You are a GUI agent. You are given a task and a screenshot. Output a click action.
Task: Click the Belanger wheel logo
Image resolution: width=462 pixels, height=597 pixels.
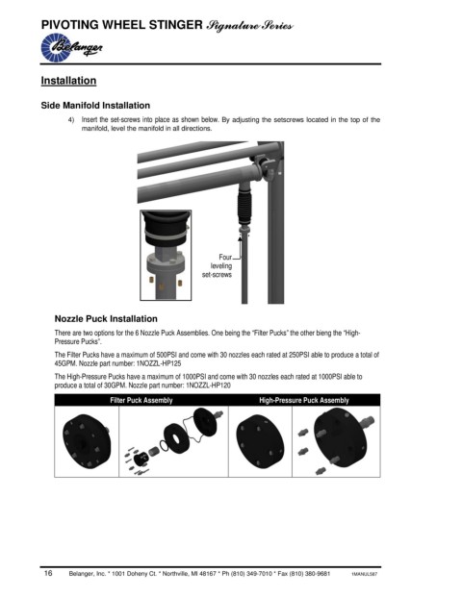71,48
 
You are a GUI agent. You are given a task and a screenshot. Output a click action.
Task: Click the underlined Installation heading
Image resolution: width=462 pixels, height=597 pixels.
68,81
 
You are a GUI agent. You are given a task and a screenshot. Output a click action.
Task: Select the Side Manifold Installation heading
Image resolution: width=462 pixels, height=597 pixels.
95,106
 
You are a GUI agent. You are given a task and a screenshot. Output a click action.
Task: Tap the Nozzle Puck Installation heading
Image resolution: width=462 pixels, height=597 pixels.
106,318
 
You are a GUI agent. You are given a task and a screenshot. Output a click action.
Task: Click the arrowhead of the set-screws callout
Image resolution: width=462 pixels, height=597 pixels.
240,238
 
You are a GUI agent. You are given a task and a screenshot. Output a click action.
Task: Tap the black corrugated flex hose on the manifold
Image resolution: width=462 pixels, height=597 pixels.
244,208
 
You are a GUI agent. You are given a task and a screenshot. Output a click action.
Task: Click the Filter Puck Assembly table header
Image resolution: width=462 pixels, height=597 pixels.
141,400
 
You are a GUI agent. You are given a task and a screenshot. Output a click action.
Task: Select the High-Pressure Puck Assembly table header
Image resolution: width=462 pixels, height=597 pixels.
304,400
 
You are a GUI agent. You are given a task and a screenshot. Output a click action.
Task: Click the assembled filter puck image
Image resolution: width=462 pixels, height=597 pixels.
87,441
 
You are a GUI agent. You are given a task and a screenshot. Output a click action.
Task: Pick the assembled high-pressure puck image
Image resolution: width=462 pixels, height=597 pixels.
260,441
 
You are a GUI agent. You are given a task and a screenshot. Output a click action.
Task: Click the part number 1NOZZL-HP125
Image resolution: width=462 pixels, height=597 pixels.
159,363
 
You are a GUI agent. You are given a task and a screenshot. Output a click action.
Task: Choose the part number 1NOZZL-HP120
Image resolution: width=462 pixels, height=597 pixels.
208,386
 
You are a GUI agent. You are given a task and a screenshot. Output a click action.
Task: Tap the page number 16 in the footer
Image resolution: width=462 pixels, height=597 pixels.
48,573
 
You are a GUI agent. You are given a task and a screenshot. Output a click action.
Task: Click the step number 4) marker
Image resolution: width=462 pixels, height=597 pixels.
71,120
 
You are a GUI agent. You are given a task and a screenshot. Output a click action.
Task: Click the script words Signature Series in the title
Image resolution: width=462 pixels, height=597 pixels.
249,26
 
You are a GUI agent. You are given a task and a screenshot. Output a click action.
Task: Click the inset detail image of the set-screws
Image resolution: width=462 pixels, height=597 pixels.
166,255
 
